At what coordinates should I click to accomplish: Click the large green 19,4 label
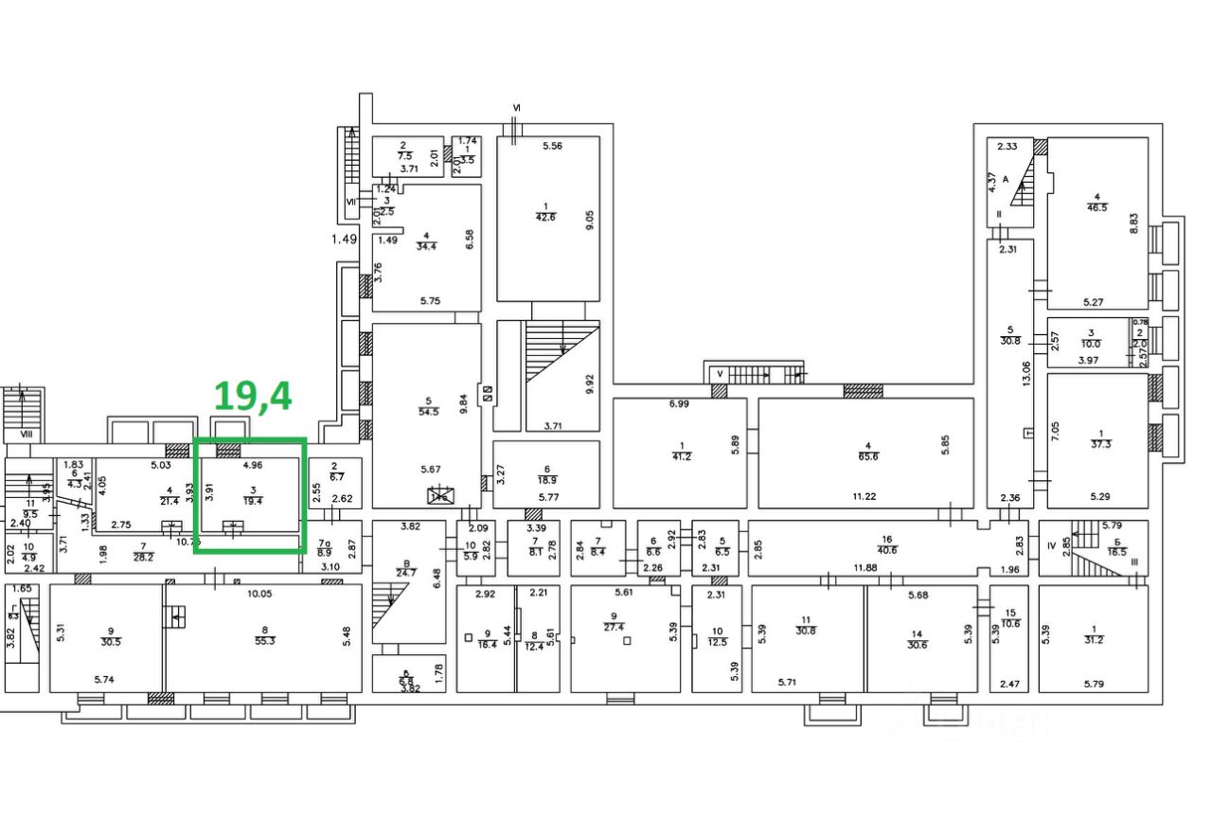(253, 396)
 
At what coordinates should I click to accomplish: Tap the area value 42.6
(546, 216)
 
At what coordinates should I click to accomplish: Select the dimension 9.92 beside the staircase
(590, 383)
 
